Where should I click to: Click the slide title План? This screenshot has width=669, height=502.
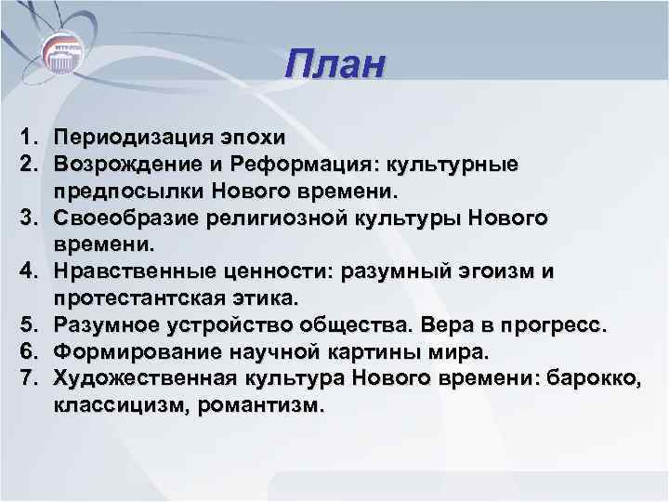pos(334,68)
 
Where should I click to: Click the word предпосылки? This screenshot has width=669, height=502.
pos(128,191)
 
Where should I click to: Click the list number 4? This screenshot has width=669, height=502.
pos(25,271)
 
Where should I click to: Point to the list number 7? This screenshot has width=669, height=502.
pos(25,379)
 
